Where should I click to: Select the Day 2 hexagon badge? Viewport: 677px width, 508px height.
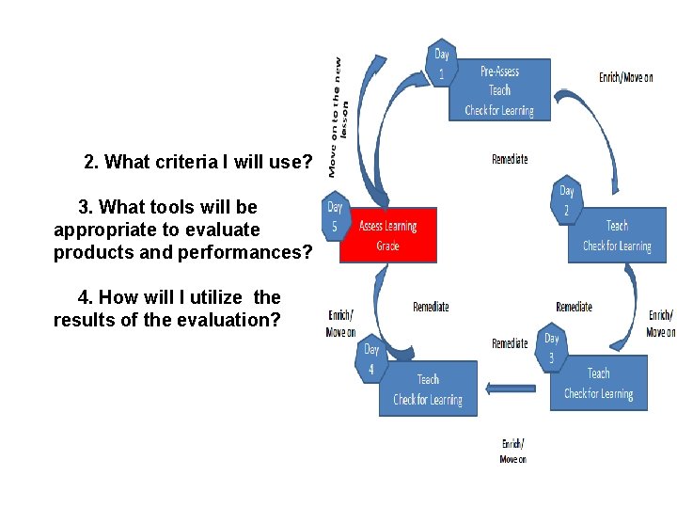[566, 199]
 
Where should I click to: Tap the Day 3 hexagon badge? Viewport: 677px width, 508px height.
[552, 349]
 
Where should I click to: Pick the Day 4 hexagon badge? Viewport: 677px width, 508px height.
[371, 358]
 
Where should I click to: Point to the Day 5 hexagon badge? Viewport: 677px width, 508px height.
[335, 216]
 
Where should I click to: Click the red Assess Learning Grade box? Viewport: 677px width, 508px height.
[387, 235]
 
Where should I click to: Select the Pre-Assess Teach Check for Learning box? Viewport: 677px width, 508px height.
[499, 90]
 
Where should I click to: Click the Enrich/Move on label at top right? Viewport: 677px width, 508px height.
[625, 77]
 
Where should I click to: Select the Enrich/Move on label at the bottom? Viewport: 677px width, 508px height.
[512, 451]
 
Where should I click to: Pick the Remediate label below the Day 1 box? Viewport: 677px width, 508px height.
[510, 159]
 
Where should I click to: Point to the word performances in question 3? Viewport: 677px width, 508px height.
[246, 252]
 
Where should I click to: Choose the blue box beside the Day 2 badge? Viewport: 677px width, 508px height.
[617, 235]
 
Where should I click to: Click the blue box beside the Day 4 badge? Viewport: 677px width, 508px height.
[428, 389]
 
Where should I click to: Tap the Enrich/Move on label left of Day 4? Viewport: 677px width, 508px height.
[340, 324]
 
